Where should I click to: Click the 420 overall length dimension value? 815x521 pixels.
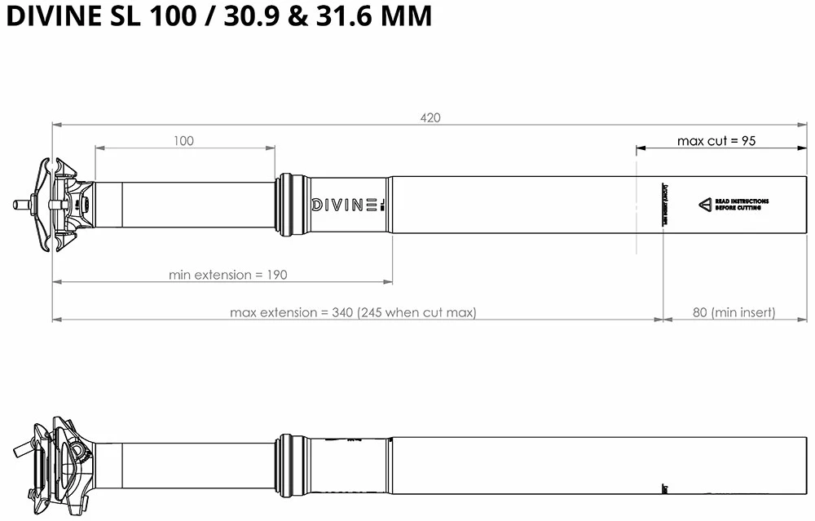coord(430,117)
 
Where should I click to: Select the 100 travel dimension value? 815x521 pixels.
coord(184,141)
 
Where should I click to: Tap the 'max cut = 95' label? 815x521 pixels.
coord(716,141)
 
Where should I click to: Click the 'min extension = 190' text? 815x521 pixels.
coord(227,275)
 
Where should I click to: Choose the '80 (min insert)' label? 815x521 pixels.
coord(733,312)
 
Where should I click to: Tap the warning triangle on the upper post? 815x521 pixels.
coord(704,205)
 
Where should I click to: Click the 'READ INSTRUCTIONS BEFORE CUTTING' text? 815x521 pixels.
coord(741,205)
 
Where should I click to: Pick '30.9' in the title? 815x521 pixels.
coord(249,16)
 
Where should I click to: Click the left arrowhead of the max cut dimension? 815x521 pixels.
coord(641,148)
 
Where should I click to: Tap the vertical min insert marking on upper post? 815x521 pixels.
coord(665,205)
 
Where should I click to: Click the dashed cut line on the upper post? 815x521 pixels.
coord(636,205)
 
